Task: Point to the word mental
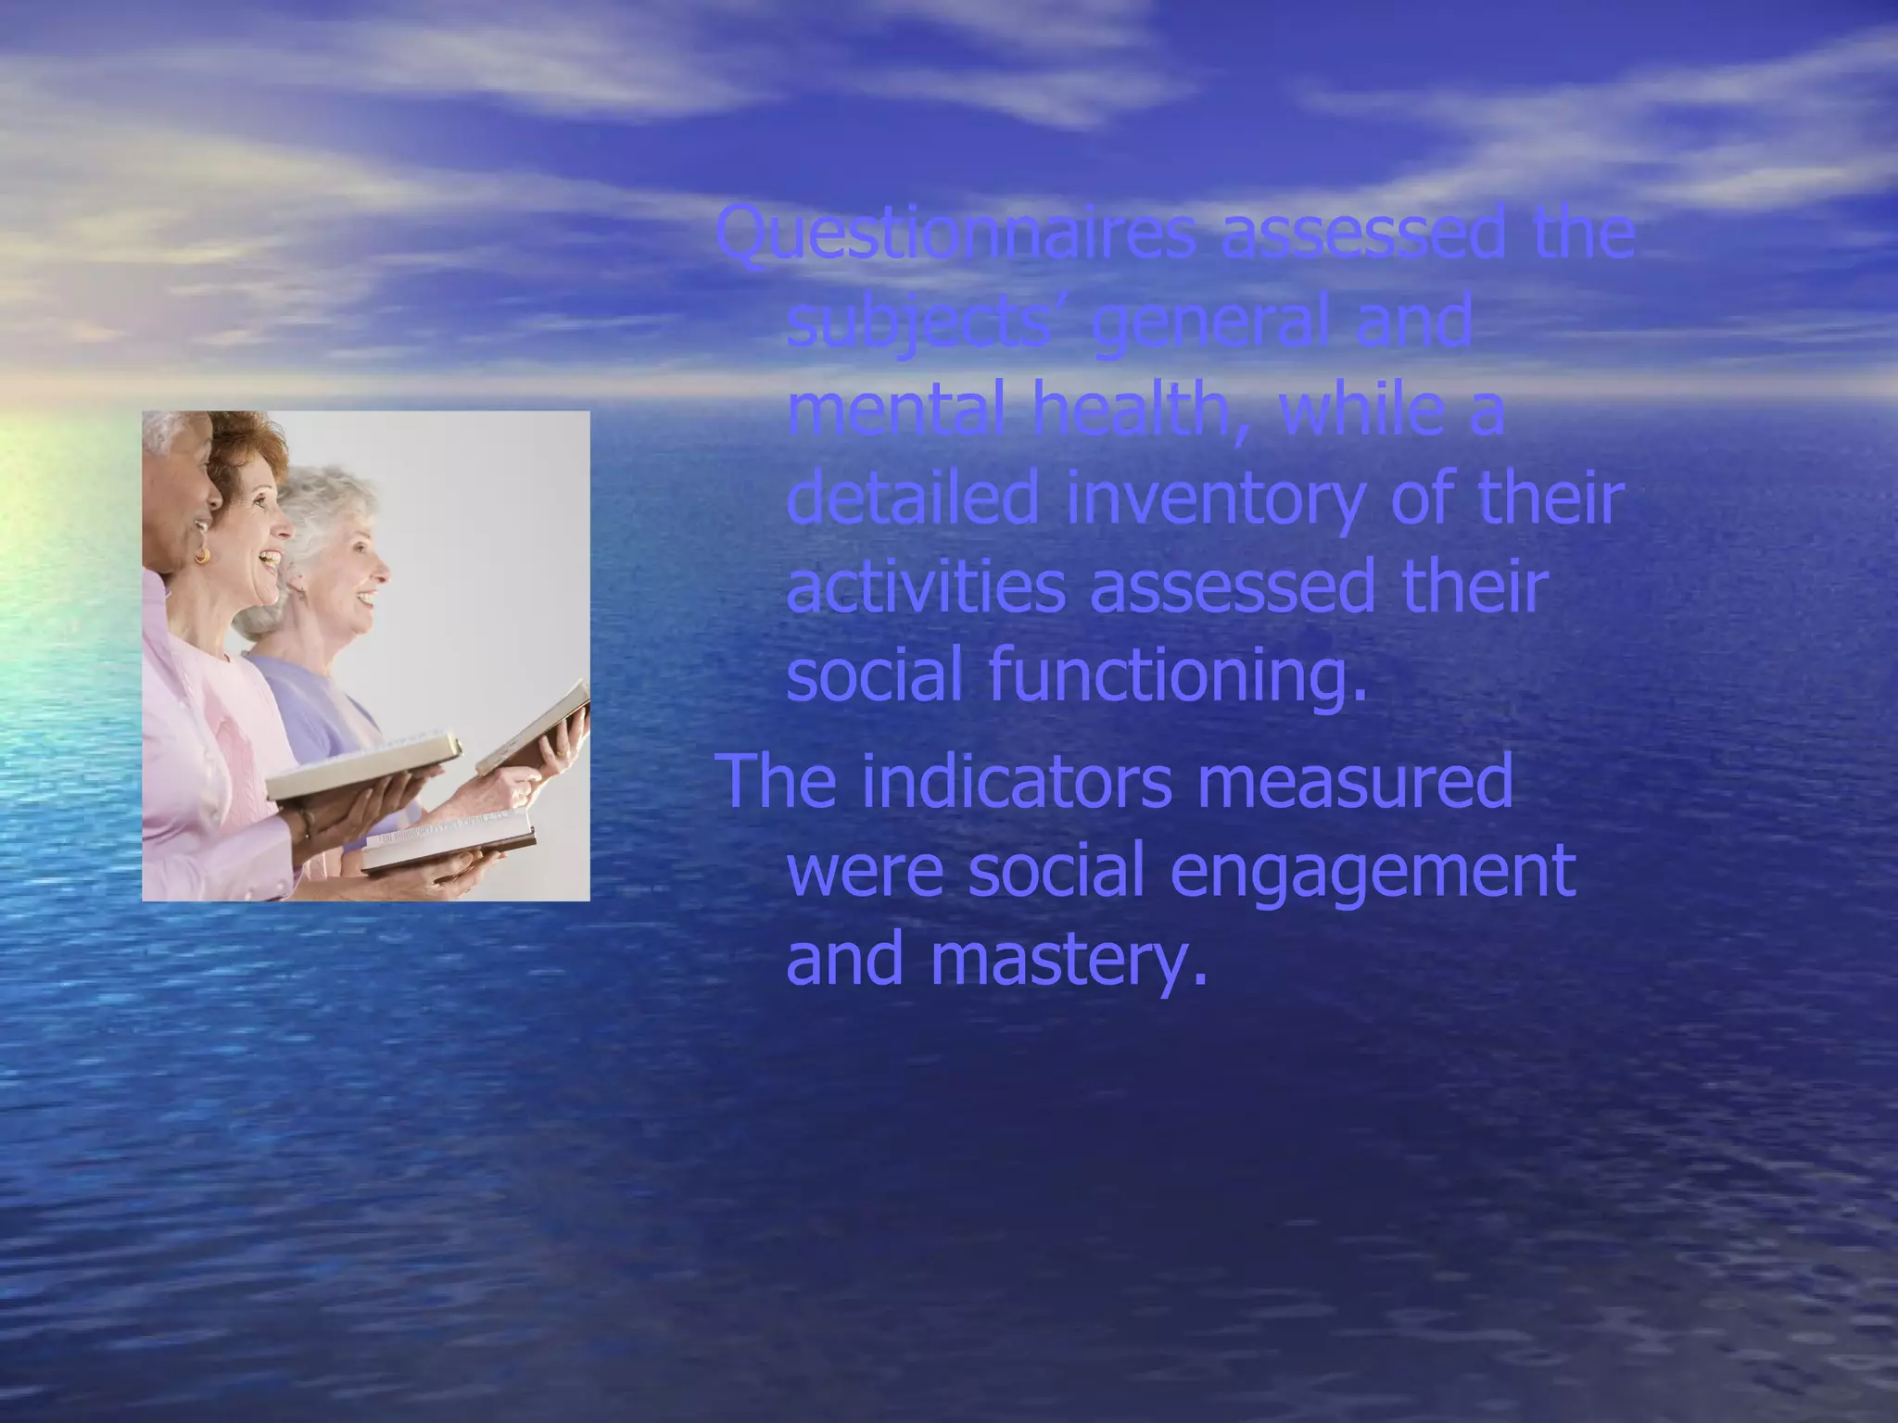tap(895, 410)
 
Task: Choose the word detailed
tap(912, 498)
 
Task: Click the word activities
tap(926, 587)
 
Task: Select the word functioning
tap(1177, 676)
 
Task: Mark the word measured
tap(1354, 781)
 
